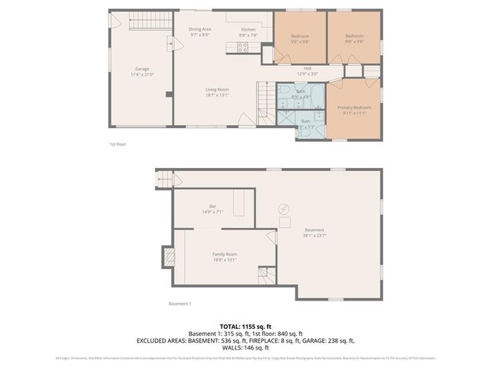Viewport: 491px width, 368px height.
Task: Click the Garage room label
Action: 142,69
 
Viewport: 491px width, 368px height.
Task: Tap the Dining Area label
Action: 200,29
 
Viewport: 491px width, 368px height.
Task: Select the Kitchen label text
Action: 248,29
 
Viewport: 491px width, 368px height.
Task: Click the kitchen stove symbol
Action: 243,47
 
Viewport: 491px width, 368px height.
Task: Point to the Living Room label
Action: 218,89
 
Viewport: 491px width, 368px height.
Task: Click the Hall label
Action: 307,68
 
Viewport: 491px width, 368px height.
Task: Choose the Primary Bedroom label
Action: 354,107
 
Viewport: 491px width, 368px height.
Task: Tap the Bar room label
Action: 213,205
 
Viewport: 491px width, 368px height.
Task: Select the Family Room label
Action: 225,254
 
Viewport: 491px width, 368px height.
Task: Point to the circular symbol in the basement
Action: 282,209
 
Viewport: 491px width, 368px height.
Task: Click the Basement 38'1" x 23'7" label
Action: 315,231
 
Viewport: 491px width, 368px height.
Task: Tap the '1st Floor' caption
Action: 117,143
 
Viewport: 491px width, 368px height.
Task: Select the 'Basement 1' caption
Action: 180,304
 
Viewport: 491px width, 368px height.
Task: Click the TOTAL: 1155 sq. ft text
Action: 245,327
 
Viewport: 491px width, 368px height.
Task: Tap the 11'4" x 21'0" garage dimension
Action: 142,74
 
